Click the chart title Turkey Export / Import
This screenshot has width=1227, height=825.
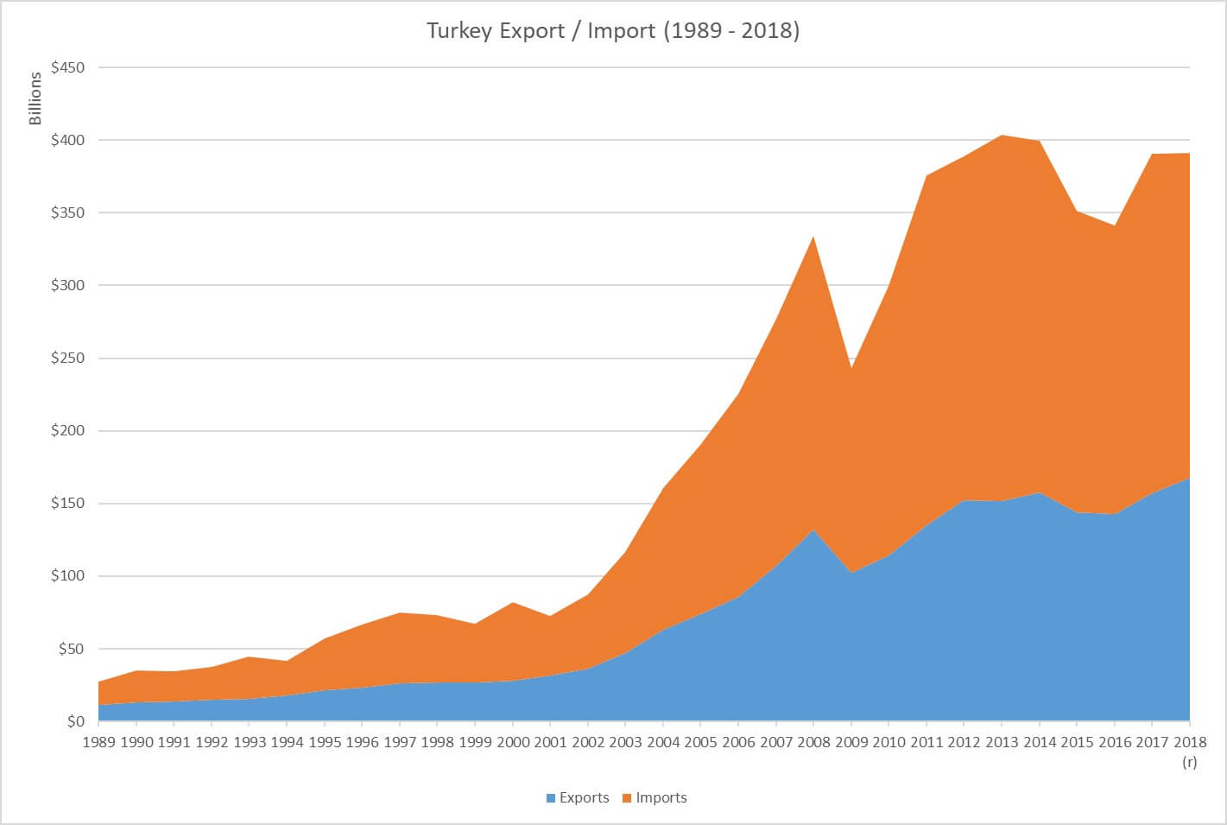[x=613, y=31]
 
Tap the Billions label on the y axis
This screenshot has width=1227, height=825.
[x=35, y=98]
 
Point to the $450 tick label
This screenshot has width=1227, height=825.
[x=67, y=67]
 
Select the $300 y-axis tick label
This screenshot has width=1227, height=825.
[x=67, y=285]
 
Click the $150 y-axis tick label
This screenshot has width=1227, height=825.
[x=67, y=503]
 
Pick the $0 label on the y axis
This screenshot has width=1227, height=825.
[x=75, y=721]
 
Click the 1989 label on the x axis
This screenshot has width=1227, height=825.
[x=98, y=742]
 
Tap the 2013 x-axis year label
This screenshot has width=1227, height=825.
[x=1002, y=742]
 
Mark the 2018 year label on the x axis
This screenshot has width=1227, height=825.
[x=1189, y=742]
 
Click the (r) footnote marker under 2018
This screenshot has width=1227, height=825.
[x=1189, y=762]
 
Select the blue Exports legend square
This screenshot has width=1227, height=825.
[x=551, y=798]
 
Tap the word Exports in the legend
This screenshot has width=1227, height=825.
[x=584, y=798]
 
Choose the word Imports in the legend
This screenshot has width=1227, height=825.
[x=661, y=798]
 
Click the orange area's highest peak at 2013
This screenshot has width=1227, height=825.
[x=1002, y=136]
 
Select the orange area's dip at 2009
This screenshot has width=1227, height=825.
[x=851, y=369]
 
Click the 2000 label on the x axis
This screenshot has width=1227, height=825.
[x=513, y=742]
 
